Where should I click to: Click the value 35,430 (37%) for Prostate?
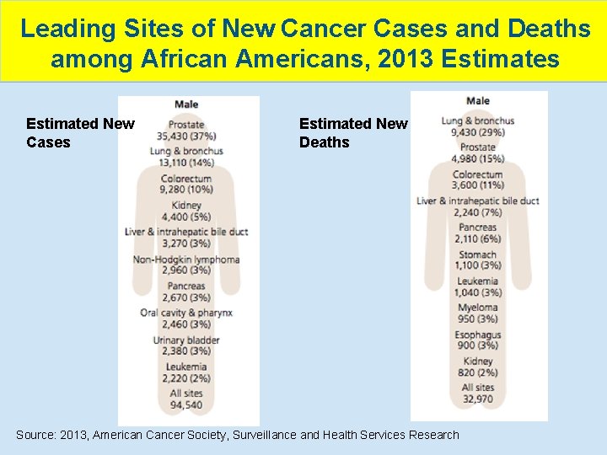(x=186, y=136)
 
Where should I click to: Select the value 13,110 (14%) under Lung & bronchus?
(x=186, y=163)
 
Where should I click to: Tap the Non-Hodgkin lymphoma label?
(x=186, y=260)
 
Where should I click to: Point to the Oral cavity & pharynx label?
(x=186, y=313)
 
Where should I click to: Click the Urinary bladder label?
(x=186, y=340)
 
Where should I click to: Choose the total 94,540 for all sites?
(x=186, y=405)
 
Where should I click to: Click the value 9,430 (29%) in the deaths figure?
(x=478, y=132)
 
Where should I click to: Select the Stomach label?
(x=478, y=254)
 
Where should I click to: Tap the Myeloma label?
(x=478, y=308)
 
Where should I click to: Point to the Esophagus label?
(x=478, y=335)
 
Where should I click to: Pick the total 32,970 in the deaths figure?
(x=478, y=399)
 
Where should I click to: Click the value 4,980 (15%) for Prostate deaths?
(x=478, y=158)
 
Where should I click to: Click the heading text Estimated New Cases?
(x=80, y=133)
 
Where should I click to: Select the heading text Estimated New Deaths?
(x=353, y=133)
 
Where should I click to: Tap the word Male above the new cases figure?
(x=186, y=104)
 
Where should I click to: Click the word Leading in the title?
(x=67, y=29)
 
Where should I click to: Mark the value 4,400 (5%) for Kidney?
(x=186, y=217)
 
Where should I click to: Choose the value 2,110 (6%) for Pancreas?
(x=478, y=238)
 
